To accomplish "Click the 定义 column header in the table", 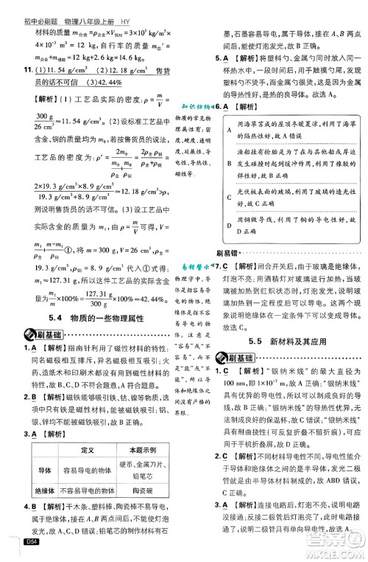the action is tap(86, 449).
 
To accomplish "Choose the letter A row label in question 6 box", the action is tap(230, 130).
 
